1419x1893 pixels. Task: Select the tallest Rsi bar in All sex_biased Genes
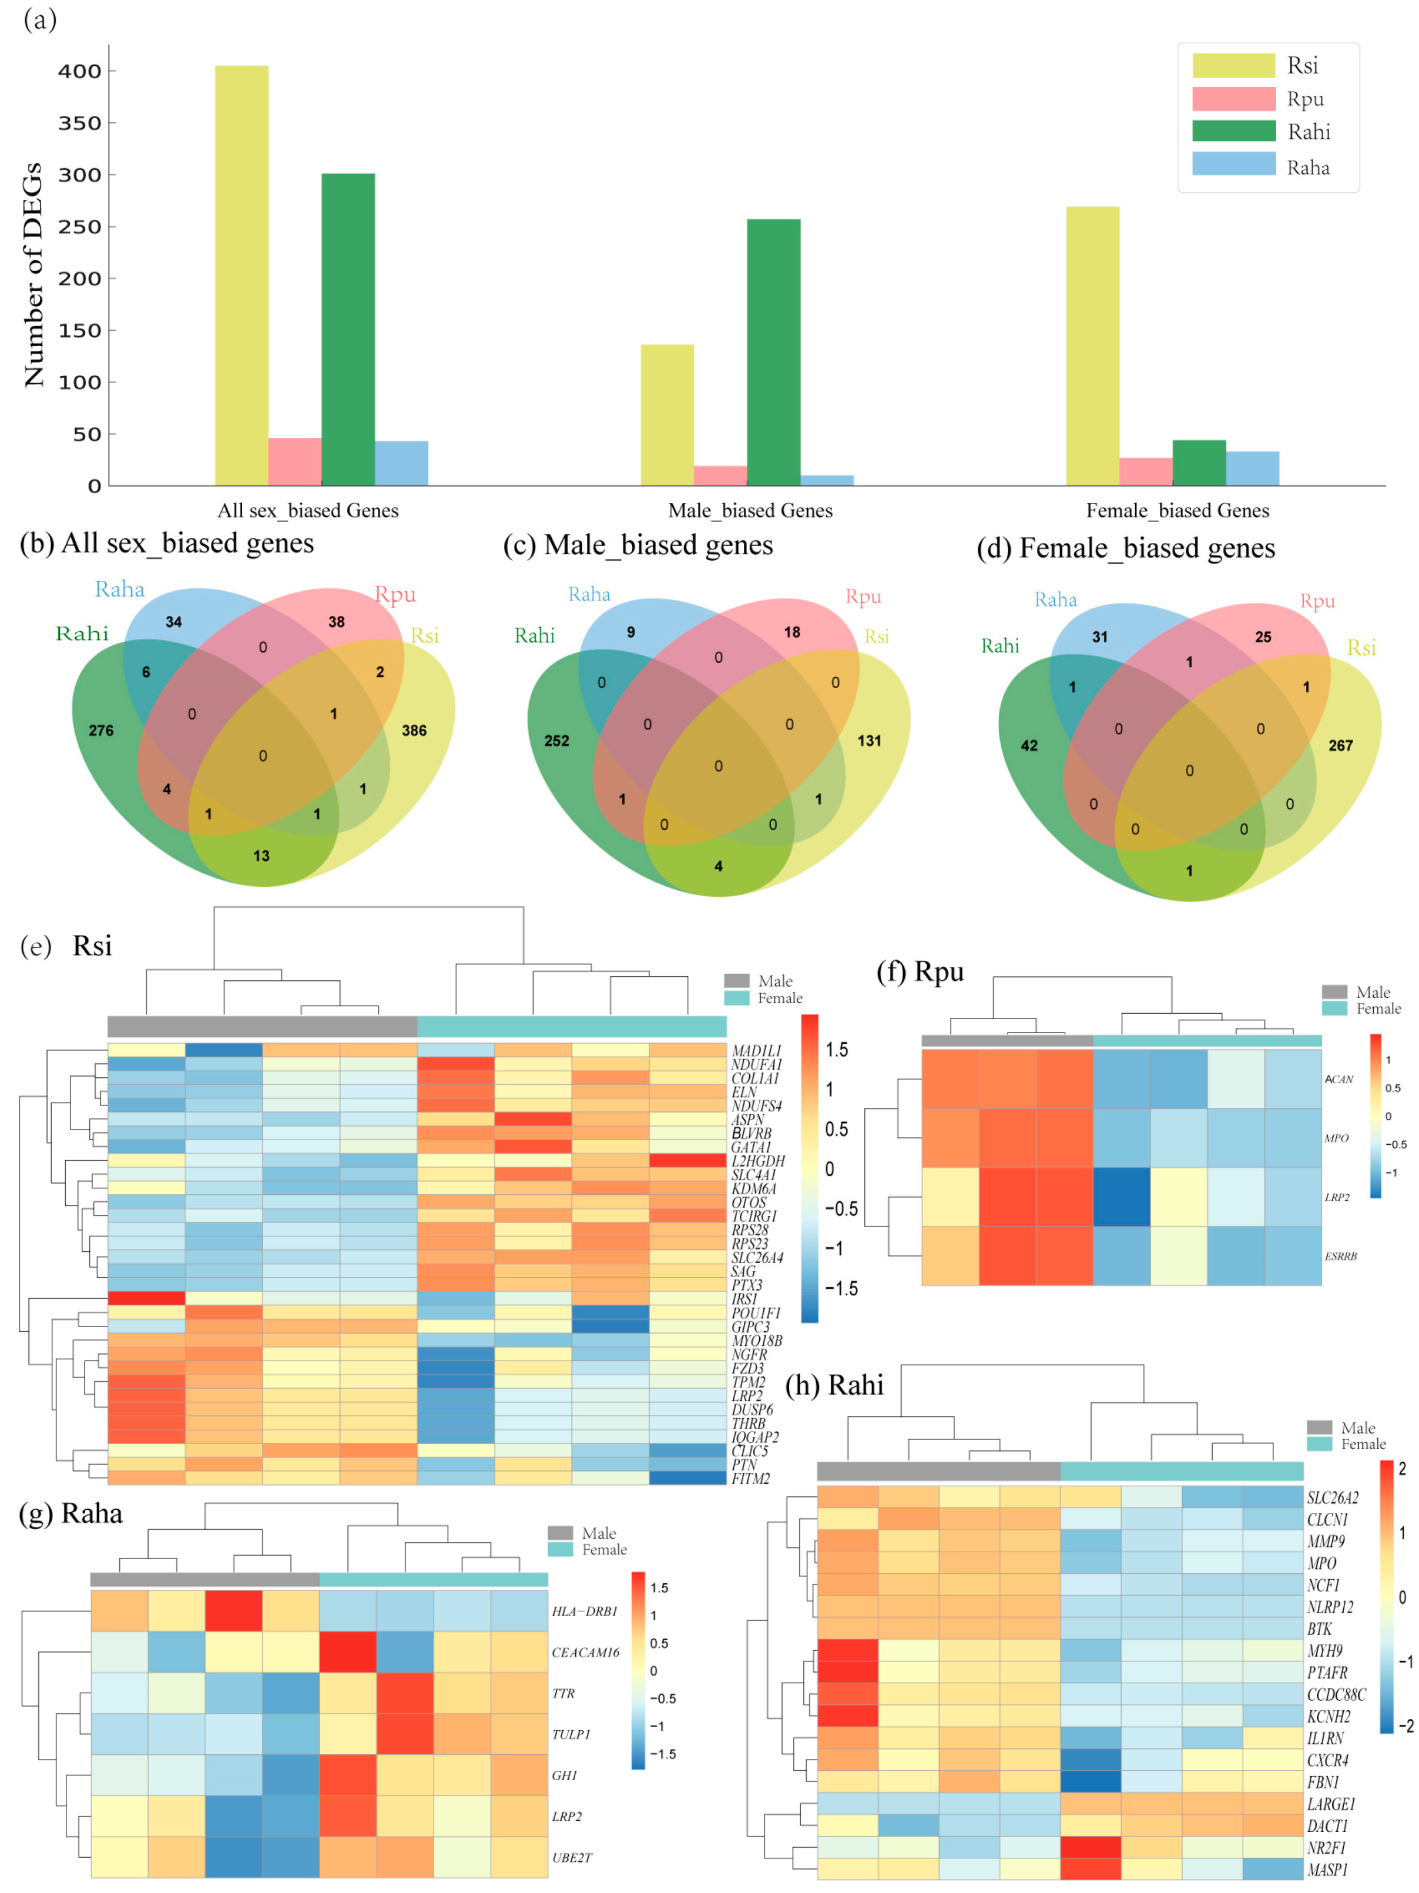241,274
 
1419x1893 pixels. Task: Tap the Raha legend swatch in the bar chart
1233,165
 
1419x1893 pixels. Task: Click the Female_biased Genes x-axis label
1177,511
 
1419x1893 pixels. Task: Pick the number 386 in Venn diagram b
414,730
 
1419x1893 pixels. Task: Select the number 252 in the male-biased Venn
556,741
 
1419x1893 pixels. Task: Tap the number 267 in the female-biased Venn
1340,745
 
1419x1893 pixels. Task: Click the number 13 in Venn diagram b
261,856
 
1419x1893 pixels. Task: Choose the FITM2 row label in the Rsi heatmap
750,1478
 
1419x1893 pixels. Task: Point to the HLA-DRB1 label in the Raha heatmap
585,1611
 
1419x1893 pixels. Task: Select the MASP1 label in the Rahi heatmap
1327,1870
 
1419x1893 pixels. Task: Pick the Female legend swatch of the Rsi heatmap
736,998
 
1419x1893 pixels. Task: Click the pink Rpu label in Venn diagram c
863,597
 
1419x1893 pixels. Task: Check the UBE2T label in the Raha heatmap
572,1858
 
